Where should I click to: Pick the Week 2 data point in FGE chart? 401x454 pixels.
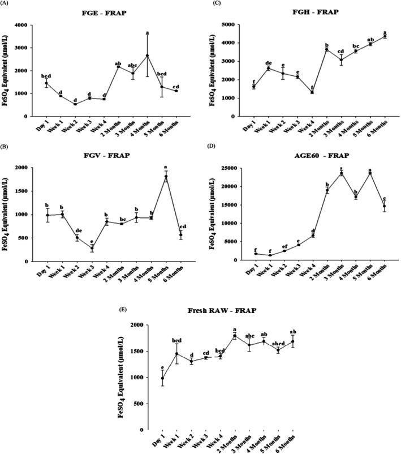pyautogui.click(x=75, y=104)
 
